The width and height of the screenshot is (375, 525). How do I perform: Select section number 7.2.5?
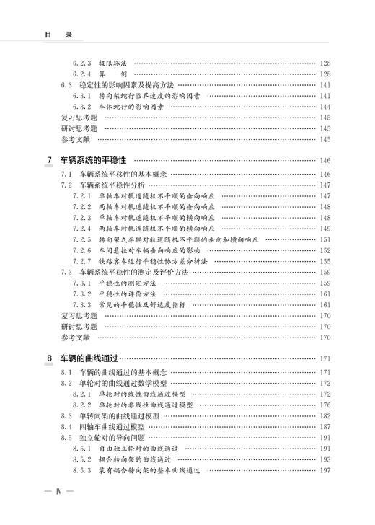[82, 239]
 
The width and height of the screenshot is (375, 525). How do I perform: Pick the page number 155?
[325, 260]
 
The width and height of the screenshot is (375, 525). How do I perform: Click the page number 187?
[325, 427]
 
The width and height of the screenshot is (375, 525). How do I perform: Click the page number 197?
[325, 470]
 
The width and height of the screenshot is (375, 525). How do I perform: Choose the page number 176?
[325, 405]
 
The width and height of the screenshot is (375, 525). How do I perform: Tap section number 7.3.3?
[82, 304]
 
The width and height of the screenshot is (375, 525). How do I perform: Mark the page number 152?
[325, 250]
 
